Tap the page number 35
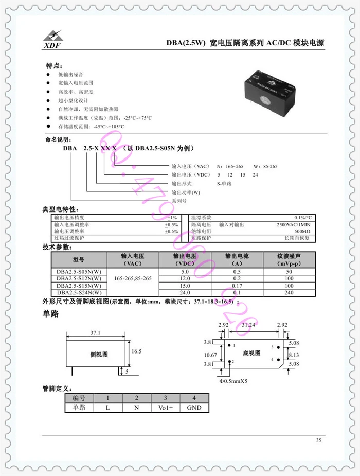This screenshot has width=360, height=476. [x=318, y=440]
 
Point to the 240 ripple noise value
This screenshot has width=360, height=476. [x=289, y=292]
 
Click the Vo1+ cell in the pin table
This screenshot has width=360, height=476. [x=165, y=408]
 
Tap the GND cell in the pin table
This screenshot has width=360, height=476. [x=194, y=408]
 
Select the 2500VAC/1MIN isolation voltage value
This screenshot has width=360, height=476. [x=293, y=225]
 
